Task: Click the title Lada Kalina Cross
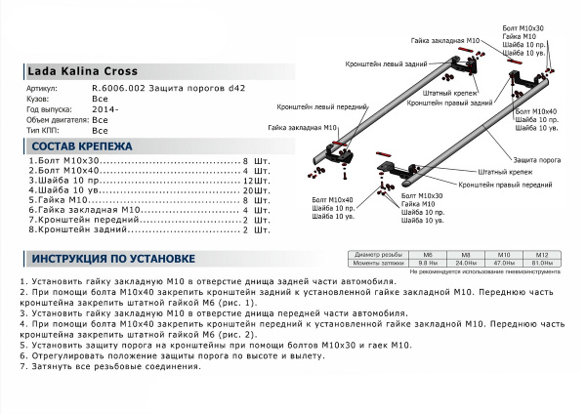tap(82, 71)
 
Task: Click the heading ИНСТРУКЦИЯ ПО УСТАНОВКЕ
tap(113, 259)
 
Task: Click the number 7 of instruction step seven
tap(21, 366)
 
